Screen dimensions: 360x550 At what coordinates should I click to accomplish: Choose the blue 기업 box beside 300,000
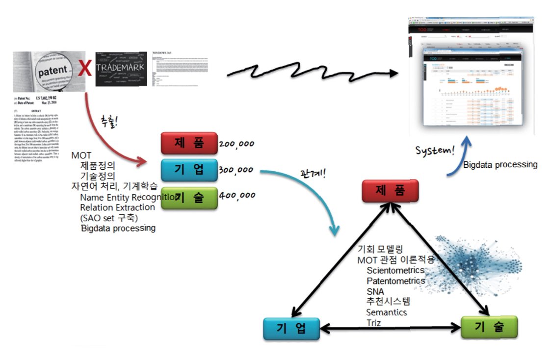[x=189, y=170]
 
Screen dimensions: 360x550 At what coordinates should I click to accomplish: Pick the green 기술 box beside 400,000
[x=189, y=198]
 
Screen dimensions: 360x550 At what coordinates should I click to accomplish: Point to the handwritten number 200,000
[x=236, y=145]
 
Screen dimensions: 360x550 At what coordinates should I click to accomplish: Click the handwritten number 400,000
[x=237, y=195]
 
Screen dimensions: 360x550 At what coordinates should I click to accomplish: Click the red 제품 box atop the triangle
[x=391, y=191]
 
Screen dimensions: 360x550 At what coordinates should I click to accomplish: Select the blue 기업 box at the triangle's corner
[x=291, y=329]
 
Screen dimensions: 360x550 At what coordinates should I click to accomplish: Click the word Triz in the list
[x=373, y=323]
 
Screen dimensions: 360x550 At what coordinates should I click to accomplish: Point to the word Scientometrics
[x=395, y=270]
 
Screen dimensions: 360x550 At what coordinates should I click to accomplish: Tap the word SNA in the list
[x=375, y=291]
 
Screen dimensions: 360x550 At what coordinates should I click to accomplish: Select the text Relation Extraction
[x=117, y=207]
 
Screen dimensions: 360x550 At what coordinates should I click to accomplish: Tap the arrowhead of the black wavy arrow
[x=393, y=74]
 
